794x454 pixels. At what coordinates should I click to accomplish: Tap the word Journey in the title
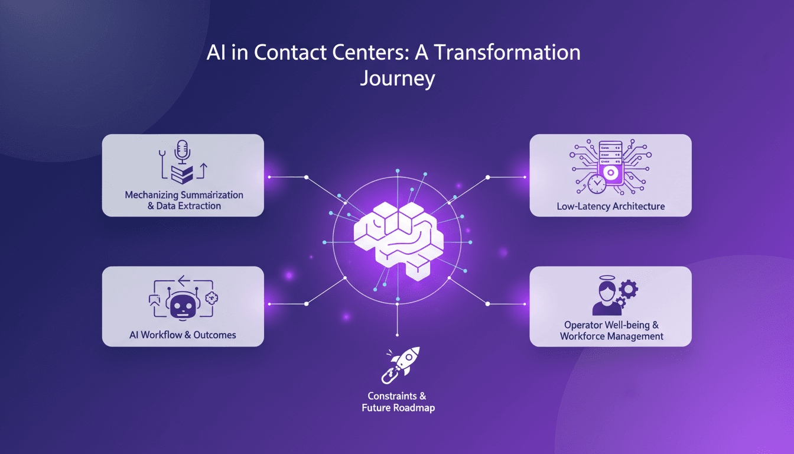click(397, 79)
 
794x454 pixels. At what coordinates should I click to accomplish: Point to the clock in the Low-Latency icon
click(597, 184)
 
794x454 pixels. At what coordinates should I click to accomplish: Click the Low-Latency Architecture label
click(610, 207)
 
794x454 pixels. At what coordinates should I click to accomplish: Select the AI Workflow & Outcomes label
click(183, 335)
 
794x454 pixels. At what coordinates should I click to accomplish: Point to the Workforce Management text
click(611, 336)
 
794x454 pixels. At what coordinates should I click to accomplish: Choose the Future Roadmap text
click(398, 408)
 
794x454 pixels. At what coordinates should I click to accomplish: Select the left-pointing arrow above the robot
click(183, 279)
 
